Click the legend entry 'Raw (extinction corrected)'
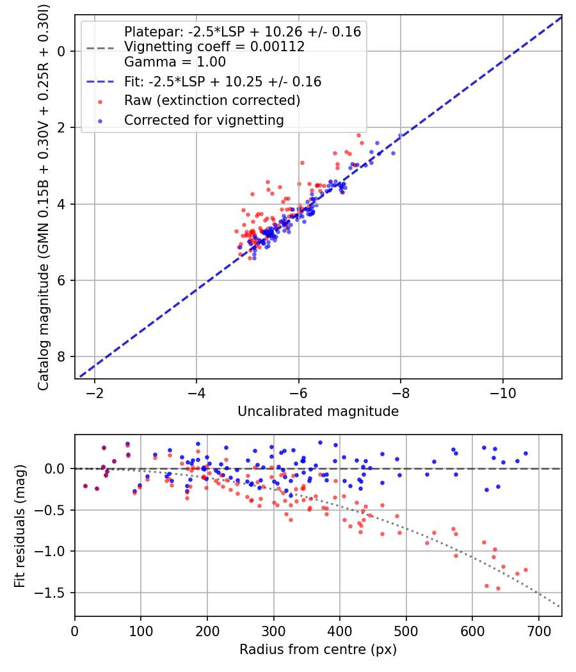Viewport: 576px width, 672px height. click(x=212, y=101)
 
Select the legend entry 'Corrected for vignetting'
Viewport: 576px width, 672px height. click(x=204, y=120)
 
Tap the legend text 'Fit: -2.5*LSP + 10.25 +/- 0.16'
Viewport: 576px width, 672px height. click(x=223, y=82)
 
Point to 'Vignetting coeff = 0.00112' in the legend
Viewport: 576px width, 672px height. click(x=214, y=47)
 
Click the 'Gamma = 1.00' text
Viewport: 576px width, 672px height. click(x=175, y=63)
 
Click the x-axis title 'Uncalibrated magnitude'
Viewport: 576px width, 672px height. click(x=318, y=412)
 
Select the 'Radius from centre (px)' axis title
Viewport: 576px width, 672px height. click(x=318, y=650)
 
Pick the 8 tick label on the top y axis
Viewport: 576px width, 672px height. click(x=61, y=356)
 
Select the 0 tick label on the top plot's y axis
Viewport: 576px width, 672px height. click(x=61, y=51)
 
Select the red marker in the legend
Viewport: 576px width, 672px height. click(x=100, y=101)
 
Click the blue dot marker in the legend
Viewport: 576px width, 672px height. click(x=100, y=120)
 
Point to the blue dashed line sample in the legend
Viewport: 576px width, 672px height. click(x=100, y=82)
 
